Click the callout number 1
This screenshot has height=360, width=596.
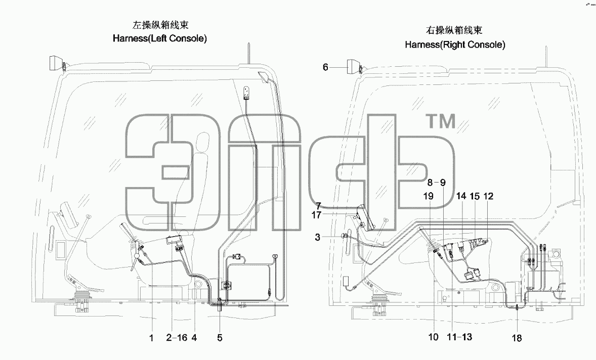[151, 338]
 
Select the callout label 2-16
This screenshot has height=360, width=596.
[177, 337]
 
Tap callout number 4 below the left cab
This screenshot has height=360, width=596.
[194, 337]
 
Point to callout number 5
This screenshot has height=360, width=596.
[220, 338]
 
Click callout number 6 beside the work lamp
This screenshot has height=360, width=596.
[325, 67]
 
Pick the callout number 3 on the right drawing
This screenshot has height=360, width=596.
[318, 238]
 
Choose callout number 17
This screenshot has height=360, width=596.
[316, 215]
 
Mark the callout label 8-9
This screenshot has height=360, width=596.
[436, 183]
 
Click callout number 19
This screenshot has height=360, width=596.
[429, 196]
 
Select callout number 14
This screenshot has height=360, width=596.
[461, 196]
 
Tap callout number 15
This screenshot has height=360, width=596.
[475, 196]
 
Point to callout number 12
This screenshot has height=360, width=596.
[488, 196]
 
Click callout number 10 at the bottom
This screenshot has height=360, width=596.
[433, 337]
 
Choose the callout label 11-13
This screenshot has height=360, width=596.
[459, 337]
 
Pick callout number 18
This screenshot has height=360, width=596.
[517, 338]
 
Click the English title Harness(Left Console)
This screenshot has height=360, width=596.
[160, 38]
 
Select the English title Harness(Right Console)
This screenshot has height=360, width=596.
[455, 44]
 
